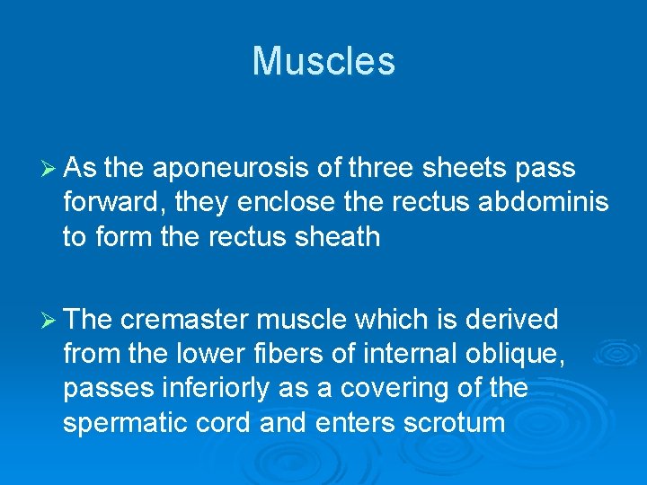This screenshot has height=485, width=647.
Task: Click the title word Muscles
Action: pyautogui.click(x=323, y=61)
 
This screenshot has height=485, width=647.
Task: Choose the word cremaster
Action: pyautogui.click(x=185, y=320)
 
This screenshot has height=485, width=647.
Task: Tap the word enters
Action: pyautogui.click(x=345, y=423)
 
